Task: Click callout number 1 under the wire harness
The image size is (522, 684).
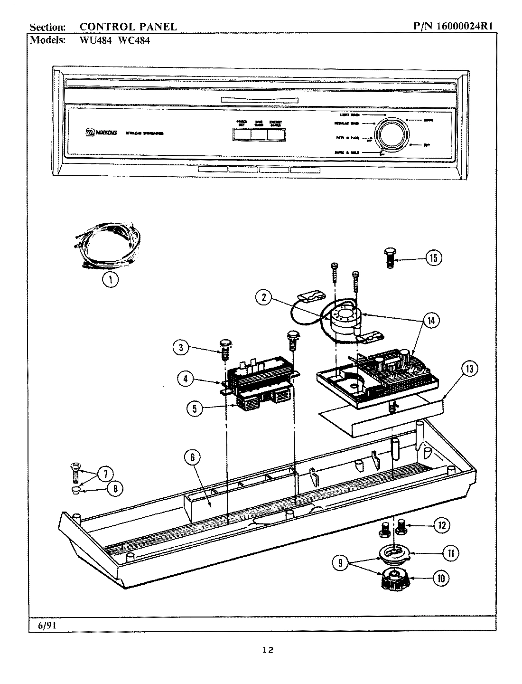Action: click(x=111, y=280)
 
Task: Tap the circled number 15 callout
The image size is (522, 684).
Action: click(x=433, y=258)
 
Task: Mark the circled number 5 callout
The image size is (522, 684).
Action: click(x=195, y=408)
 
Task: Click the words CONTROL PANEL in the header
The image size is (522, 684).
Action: click(x=128, y=27)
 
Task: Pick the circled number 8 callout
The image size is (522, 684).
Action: click(x=114, y=488)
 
